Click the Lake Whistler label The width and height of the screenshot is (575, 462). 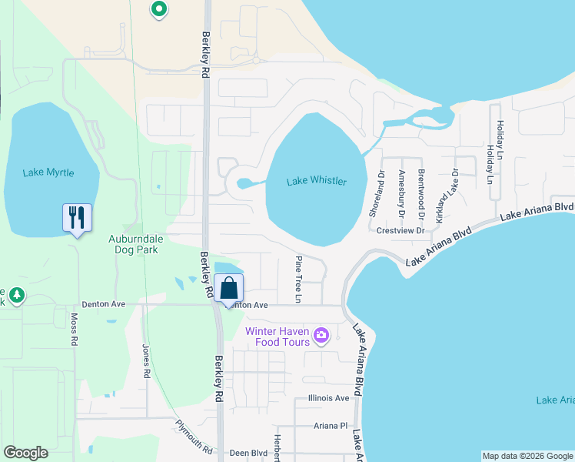(x=316, y=181)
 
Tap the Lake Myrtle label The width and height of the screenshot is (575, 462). (x=48, y=172)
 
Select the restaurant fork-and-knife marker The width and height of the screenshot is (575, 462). (x=77, y=217)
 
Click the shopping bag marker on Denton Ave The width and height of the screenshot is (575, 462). (x=229, y=289)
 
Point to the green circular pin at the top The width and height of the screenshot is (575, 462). (x=159, y=10)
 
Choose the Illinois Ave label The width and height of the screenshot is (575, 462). (x=328, y=398)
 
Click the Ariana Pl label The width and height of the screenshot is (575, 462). (x=331, y=425)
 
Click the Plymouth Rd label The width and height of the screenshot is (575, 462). (x=193, y=436)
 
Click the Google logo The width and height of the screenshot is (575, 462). (x=25, y=453)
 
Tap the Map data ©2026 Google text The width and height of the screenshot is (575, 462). (x=527, y=456)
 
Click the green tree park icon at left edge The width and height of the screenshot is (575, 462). (x=16, y=295)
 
